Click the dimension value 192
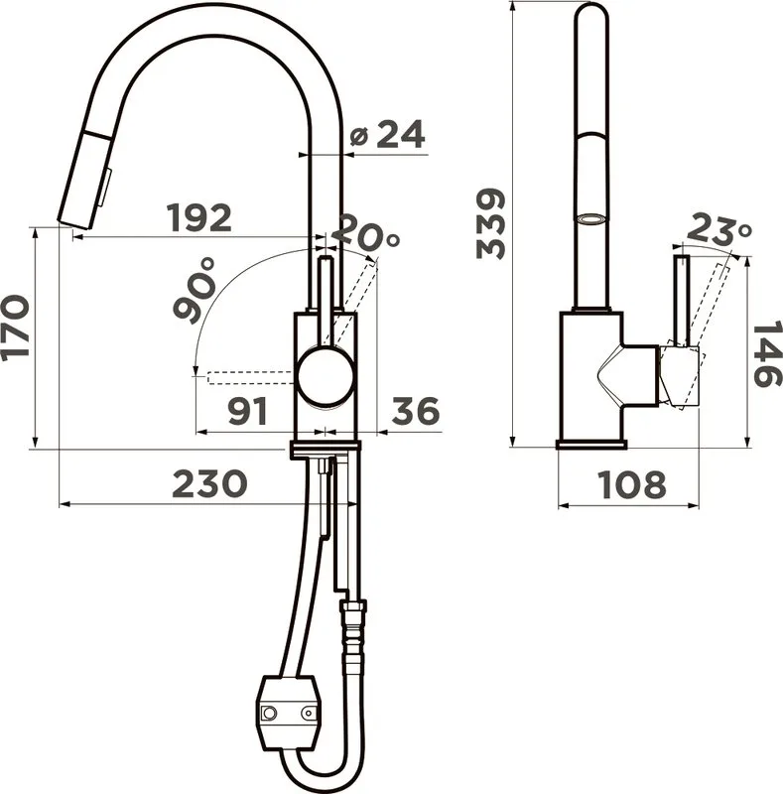199,217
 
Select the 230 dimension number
209,483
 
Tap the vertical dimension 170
15,329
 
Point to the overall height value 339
491,224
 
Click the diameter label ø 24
387,134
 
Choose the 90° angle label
196,290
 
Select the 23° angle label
718,229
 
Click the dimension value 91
247,411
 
